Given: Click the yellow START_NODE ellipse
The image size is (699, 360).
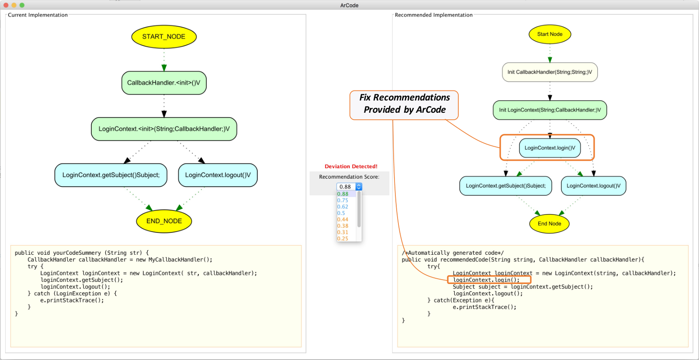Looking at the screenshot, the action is pyautogui.click(x=164, y=37).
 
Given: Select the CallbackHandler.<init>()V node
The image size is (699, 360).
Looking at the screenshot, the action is pyautogui.click(x=164, y=83).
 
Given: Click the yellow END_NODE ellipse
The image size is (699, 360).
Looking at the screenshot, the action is pyautogui.click(x=164, y=221).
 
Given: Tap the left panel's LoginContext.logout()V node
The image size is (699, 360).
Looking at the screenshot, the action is pyautogui.click(x=218, y=175).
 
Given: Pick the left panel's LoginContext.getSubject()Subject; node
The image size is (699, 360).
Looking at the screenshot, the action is pyautogui.click(x=111, y=175).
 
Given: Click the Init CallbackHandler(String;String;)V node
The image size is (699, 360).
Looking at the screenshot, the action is pyautogui.click(x=550, y=72).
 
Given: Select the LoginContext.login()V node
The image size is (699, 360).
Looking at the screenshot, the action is pyautogui.click(x=550, y=148).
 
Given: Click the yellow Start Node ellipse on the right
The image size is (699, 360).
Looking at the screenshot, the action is pyautogui.click(x=550, y=34).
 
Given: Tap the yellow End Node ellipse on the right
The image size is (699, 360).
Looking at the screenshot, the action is pyautogui.click(x=550, y=224).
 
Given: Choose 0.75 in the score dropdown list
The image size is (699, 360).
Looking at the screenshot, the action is pyautogui.click(x=343, y=200).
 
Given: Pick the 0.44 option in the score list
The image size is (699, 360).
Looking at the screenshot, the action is pyautogui.click(x=343, y=219).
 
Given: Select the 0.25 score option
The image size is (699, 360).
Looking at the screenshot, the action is pyautogui.click(x=343, y=239).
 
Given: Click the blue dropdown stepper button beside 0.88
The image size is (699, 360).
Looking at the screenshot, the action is pyautogui.click(x=359, y=187).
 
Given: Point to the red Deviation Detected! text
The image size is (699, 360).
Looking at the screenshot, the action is pyautogui.click(x=351, y=166).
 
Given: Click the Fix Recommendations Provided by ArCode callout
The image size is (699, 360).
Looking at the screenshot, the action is pyautogui.click(x=404, y=105).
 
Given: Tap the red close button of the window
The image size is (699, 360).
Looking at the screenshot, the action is pyautogui.click(x=6, y=5).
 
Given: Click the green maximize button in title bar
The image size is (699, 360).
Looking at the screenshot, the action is pyautogui.click(x=22, y=5).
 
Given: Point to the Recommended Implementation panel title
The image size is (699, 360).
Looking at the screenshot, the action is pyautogui.click(x=434, y=15).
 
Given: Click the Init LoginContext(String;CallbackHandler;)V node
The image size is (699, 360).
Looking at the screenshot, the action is pyautogui.click(x=550, y=110).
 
